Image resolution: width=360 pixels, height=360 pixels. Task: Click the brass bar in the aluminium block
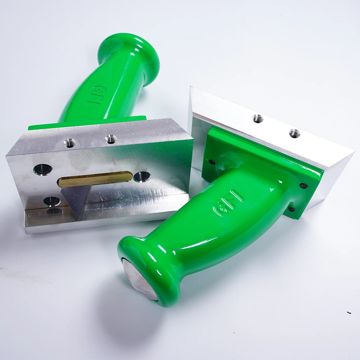(x=94, y=179)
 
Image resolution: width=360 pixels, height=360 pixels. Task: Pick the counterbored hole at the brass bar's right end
(x=141, y=176)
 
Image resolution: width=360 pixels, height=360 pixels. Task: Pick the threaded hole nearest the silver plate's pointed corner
(x=294, y=133)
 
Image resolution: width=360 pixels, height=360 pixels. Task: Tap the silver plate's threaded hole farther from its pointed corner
(x=258, y=118)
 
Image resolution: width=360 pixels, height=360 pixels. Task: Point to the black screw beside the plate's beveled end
(x=304, y=186)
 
